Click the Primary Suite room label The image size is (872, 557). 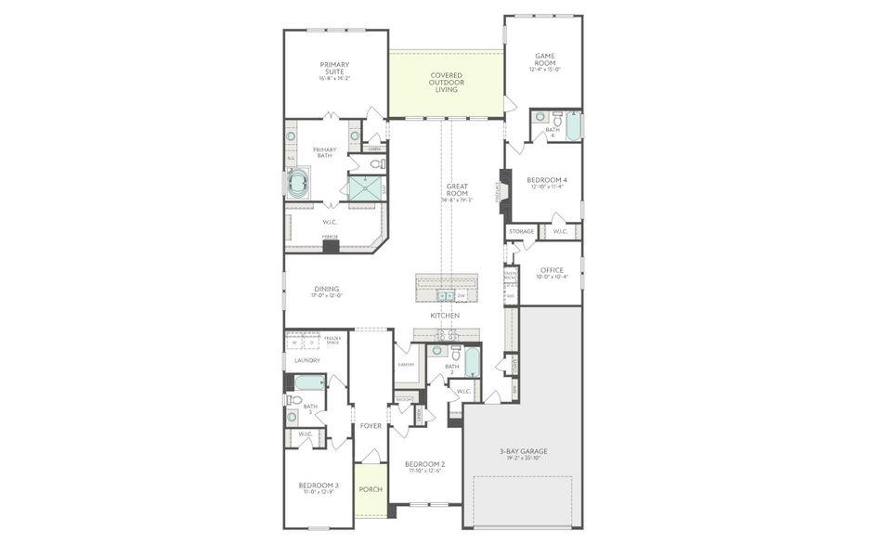334,69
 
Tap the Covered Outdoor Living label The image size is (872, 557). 446,83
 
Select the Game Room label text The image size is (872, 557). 545,61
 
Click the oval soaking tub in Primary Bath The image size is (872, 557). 299,182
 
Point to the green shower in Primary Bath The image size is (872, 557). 365,188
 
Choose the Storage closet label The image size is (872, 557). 522,231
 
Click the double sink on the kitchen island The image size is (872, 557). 445,296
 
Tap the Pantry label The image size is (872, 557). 406,364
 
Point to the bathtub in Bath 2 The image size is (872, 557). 472,361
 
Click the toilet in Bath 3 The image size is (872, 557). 294,401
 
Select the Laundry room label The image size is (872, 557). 306,360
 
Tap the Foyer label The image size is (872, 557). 371,426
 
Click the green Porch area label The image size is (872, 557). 370,489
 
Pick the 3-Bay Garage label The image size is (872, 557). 522,453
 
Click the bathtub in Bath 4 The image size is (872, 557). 573,125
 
